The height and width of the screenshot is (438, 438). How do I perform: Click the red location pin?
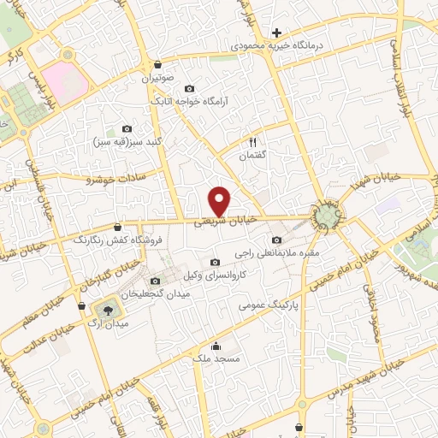point(220,200)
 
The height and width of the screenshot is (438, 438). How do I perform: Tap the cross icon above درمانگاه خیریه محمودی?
point(277,33)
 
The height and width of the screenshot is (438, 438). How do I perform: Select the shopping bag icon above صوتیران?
point(158,64)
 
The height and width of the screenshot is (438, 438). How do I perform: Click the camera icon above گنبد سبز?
point(127,127)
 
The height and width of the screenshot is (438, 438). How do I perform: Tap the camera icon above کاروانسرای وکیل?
point(214,262)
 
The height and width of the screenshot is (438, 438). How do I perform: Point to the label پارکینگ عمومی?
point(268,304)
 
